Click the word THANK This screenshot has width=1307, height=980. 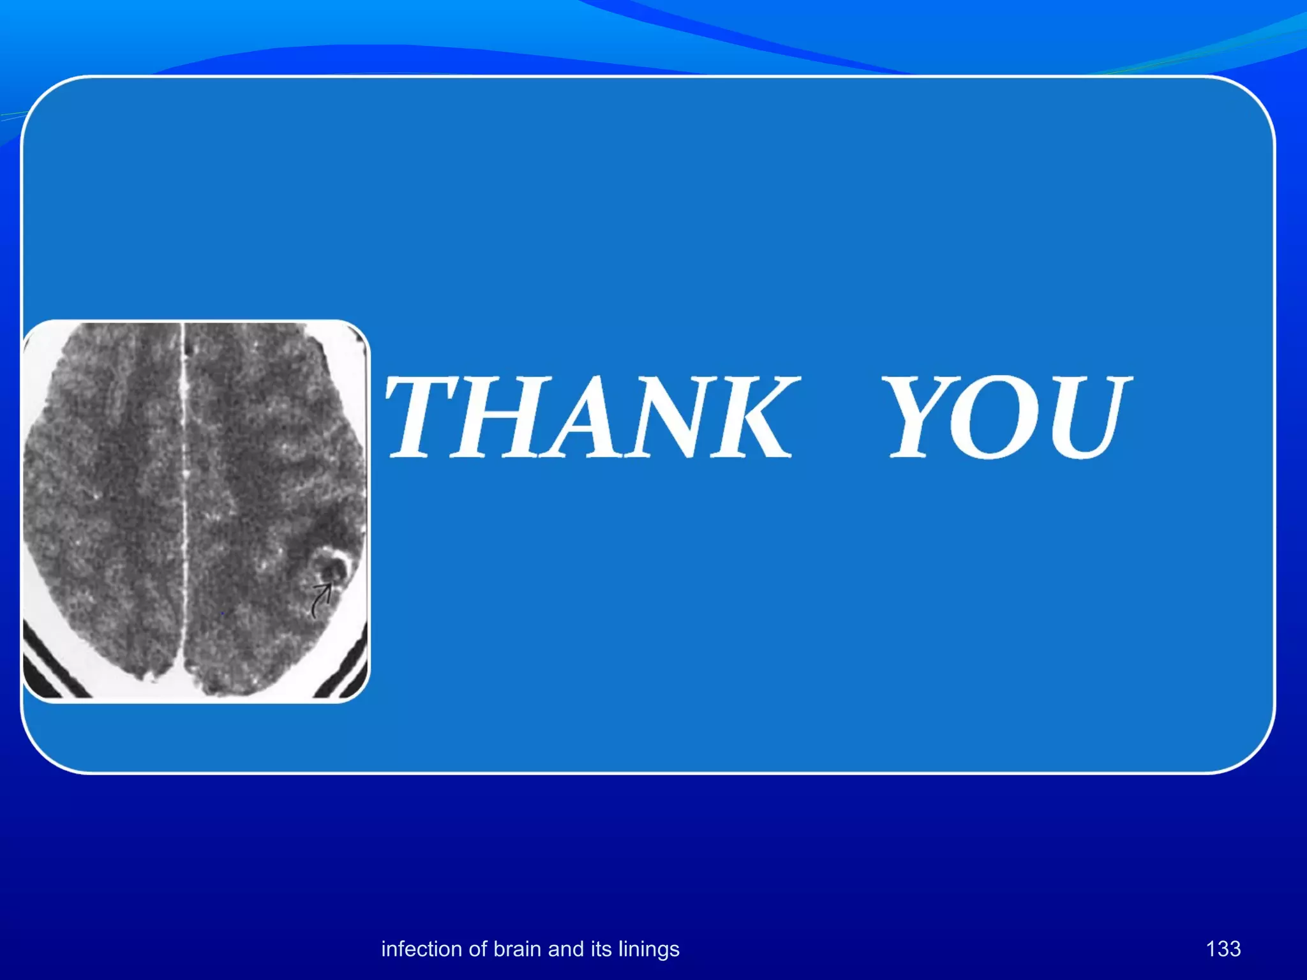coord(590,417)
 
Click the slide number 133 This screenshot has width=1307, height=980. coord(1223,949)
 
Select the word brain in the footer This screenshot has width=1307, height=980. coord(518,949)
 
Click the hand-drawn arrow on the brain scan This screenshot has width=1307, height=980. coord(321,600)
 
